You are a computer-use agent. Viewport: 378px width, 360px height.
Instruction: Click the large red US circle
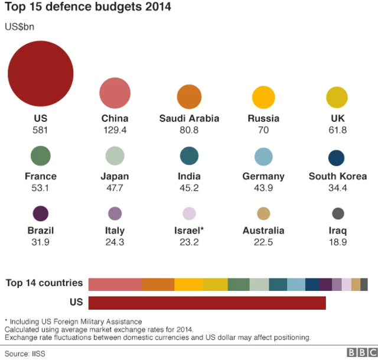(40, 74)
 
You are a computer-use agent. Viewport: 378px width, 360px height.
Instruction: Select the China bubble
(115, 93)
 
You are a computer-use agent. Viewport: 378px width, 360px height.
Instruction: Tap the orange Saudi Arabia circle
(189, 97)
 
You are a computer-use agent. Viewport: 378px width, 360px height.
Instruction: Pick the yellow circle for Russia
(263, 98)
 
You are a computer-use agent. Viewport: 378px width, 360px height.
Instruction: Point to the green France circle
(41, 157)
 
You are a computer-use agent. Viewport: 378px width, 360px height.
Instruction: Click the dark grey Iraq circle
(338, 213)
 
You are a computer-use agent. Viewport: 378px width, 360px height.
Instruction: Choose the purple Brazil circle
(41, 213)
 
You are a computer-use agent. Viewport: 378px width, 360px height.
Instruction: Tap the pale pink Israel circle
(189, 213)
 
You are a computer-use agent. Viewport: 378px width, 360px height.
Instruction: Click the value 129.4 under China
(115, 129)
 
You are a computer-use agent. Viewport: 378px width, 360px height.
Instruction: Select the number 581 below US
(40, 129)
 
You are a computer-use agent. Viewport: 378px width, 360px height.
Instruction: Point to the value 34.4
(338, 187)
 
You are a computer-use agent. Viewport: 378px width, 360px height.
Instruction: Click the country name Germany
(263, 176)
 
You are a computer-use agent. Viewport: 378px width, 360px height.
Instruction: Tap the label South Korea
(338, 176)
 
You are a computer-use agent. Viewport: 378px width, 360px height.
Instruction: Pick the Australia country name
(263, 231)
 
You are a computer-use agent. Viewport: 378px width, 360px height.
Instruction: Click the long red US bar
(207, 303)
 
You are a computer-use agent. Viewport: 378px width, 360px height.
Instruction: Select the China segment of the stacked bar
(115, 284)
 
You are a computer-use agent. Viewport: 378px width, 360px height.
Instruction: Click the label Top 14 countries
(44, 283)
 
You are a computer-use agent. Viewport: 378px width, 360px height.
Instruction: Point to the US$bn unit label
(19, 27)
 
